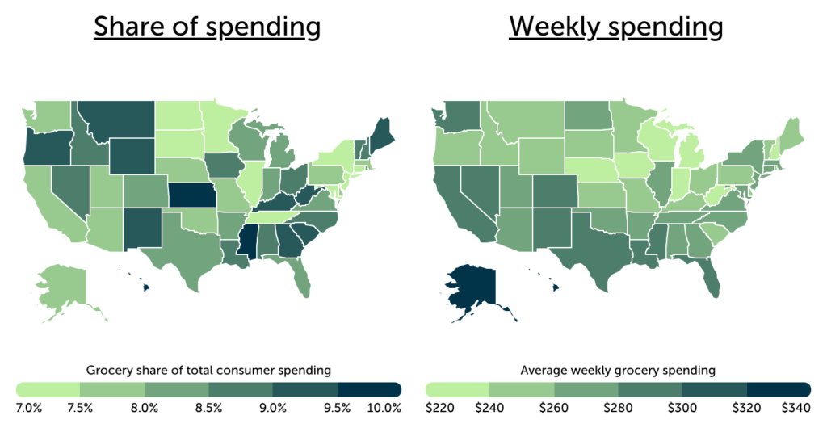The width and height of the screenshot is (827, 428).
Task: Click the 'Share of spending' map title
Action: click(x=207, y=27)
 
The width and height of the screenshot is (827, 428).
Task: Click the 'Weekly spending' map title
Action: click(x=615, y=27)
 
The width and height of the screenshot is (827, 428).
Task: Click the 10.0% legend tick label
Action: click(x=384, y=407)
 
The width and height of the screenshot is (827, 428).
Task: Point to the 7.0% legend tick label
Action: click(x=30, y=407)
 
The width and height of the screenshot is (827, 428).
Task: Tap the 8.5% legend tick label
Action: click(x=208, y=407)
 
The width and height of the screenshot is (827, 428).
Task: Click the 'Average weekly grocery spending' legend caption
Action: click(x=617, y=371)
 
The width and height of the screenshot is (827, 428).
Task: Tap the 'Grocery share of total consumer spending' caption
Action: click(x=208, y=371)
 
